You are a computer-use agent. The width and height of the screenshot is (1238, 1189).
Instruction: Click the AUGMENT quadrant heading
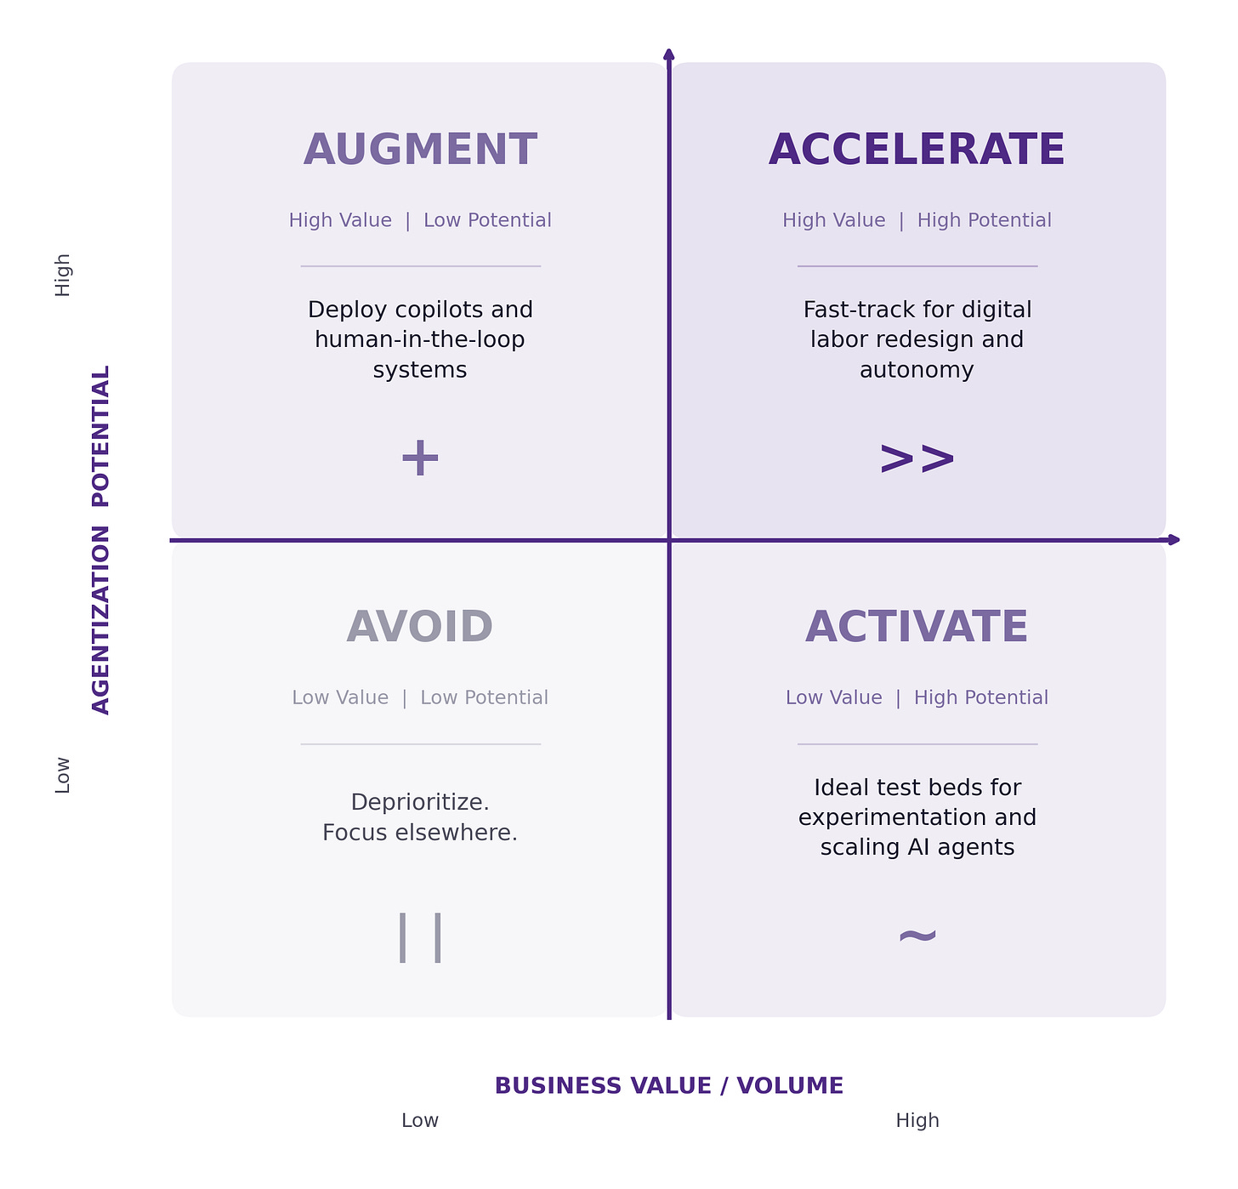coord(420,151)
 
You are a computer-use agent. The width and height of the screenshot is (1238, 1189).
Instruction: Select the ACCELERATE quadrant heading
coord(917,151)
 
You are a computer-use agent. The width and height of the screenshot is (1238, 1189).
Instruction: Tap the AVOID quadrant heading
coord(420,628)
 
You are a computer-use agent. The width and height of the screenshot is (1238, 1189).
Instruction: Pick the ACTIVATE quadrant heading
coord(917,628)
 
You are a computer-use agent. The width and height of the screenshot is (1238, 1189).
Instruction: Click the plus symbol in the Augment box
coord(420,458)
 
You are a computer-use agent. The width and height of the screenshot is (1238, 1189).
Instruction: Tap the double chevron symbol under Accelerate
coord(917,459)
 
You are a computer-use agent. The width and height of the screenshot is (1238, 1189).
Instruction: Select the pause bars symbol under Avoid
coord(420,937)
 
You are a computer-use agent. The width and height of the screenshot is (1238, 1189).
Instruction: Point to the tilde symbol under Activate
coord(917,936)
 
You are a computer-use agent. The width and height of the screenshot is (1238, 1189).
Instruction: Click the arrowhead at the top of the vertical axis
coord(669,55)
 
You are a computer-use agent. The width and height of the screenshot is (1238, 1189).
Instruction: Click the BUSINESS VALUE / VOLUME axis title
coord(669,1086)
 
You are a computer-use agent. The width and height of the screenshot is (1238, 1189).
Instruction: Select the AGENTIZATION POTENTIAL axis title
coord(101,540)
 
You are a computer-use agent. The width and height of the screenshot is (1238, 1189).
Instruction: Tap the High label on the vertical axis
coord(63,275)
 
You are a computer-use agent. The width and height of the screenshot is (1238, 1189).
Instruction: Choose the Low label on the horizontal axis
coord(420,1121)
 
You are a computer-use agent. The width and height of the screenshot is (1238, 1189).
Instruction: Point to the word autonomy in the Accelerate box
coord(917,370)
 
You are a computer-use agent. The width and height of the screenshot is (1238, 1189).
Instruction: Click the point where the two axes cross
coord(669,540)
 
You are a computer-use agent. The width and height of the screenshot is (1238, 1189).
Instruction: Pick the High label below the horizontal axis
coord(917,1121)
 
